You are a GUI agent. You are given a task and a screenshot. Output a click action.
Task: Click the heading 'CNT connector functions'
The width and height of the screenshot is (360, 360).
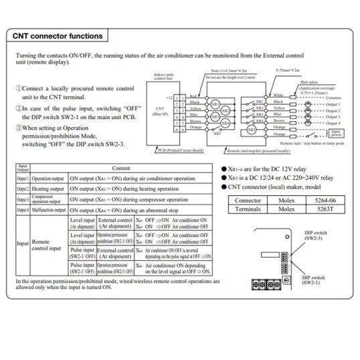[58, 35]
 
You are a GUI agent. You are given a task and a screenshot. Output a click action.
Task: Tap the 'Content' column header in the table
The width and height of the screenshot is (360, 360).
[120, 169]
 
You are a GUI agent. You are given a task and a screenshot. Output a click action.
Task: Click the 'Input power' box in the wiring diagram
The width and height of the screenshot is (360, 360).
[334, 132]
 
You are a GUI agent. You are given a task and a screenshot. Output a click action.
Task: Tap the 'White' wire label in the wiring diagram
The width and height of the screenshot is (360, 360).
[278, 96]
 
